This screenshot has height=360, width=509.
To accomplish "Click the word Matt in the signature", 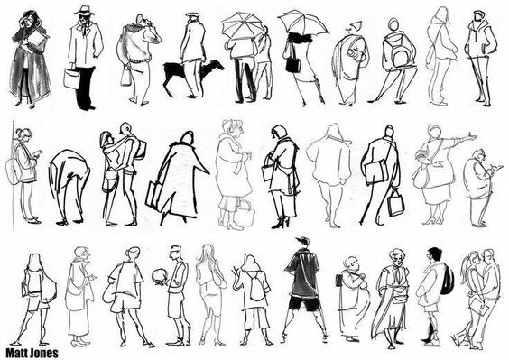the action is [16, 353].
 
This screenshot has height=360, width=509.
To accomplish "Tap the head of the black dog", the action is [217, 64].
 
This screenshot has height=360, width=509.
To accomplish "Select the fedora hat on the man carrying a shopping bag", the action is [85, 11].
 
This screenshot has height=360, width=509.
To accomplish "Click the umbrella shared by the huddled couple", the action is [242, 27].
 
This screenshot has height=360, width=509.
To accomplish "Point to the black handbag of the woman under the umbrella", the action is [293, 65].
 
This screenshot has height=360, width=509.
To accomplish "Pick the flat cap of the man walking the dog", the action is [192, 14].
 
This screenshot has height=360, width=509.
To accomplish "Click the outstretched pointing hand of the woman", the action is [471, 135].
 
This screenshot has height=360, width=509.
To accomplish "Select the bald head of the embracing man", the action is [125, 128].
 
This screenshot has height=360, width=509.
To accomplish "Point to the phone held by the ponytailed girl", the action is [39, 152].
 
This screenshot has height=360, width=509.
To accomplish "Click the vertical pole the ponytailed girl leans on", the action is [14, 175].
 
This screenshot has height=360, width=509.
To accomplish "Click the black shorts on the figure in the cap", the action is [304, 303].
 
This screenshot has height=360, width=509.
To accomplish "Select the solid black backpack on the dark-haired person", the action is [448, 279].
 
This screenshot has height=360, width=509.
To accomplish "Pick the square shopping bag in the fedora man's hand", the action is [71, 78].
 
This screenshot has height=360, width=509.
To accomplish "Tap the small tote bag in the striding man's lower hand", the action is [396, 205].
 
